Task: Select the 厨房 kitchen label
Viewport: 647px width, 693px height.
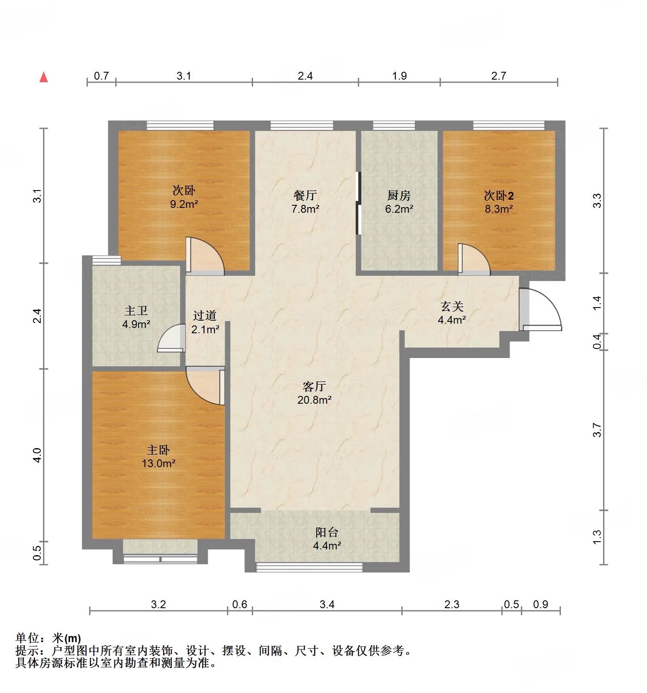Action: coord(398,195)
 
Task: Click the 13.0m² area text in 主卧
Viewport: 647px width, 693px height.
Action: coord(158,463)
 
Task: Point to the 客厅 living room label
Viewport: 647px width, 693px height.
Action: coord(314,386)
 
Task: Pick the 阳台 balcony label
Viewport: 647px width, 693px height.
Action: coord(327,532)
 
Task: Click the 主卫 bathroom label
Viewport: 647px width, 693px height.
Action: coord(136,311)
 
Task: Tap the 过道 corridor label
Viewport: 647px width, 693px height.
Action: coord(205,316)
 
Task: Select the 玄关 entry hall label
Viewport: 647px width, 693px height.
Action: coord(452,306)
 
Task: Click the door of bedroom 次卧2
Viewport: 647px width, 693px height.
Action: coord(474,260)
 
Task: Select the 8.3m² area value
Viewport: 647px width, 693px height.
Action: coord(499,209)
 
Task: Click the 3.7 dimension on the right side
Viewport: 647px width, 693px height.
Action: coord(598,430)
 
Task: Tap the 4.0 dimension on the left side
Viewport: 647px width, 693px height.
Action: coord(37,455)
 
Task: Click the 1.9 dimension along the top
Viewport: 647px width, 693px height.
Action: coord(399,76)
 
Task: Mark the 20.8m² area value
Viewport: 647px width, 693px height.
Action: coord(314,399)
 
